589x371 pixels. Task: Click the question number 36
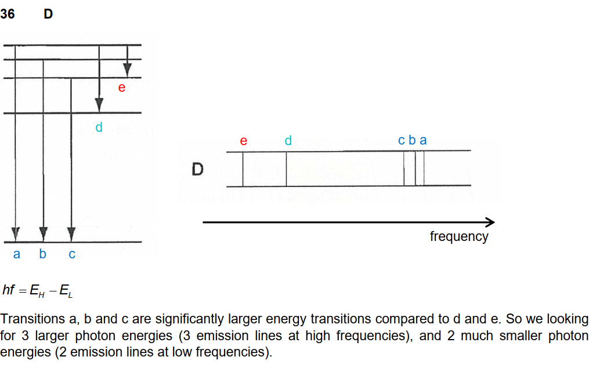tap(8, 14)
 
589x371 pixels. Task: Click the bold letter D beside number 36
tap(48, 14)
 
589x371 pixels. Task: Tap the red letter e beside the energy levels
tap(121, 88)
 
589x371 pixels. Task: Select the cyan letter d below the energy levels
tap(99, 127)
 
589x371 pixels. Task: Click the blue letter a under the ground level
tap(16, 254)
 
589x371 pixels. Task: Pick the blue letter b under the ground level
tap(42, 254)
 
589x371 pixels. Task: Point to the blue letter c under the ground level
tap(71, 254)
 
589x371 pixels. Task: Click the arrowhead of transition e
tap(127, 69)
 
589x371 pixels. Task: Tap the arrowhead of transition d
tap(99, 105)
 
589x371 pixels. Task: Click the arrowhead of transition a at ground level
tap(16, 233)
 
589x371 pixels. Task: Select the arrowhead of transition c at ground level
tap(71, 233)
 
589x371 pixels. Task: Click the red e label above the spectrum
tap(243, 141)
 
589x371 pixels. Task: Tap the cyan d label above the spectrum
tap(288, 141)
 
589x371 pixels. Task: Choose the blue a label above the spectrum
tap(423, 141)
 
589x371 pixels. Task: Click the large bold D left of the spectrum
tap(198, 170)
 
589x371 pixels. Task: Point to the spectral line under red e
tap(243, 169)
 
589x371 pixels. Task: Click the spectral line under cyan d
tap(286, 169)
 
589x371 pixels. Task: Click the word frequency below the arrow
tap(458, 236)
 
